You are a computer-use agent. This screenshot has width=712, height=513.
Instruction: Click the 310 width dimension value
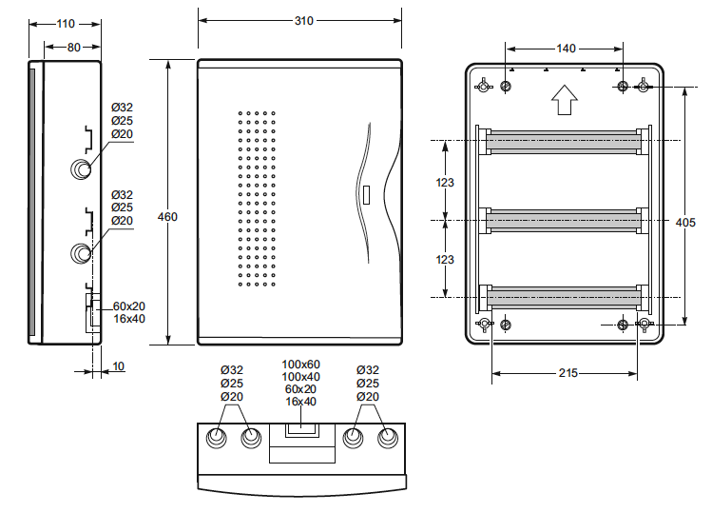pyautogui.click(x=304, y=21)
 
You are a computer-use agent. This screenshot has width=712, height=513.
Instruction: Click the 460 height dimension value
pyautogui.click(x=167, y=217)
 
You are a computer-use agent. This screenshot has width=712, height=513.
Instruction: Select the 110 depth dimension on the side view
pyautogui.click(x=66, y=24)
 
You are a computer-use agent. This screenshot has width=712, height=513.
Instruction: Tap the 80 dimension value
pyautogui.click(x=73, y=47)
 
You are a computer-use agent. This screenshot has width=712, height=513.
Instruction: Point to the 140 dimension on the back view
pyautogui.click(x=566, y=49)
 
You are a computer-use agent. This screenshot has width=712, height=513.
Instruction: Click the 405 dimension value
pyautogui.click(x=685, y=223)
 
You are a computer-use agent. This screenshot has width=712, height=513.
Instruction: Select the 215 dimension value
pyautogui.click(x=568, y=373)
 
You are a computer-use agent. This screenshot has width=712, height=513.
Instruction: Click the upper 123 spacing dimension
pyautogui.click(x=445, y=183)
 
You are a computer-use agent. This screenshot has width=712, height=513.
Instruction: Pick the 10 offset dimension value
pyautogui.click(x=118, y=366)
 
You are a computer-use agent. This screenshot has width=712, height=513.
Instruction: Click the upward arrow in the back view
pyautogui.click(x=565, y=100)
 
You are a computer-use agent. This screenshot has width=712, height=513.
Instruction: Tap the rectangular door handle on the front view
pyautogui.click(x=367, y=194)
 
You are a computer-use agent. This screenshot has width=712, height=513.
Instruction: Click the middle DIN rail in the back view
pyautogui.click(x=564, y=221)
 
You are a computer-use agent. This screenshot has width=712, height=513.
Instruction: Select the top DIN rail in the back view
pyautogui.click(x=564, y=142)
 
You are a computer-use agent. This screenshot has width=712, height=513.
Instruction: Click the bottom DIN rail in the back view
pyautogui.click(x=564, y=298)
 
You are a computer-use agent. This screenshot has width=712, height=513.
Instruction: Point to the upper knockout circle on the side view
pyautogui.click(x=81, y=169)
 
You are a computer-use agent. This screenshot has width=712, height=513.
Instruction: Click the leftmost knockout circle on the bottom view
pyautogui.click(x=217, y=438)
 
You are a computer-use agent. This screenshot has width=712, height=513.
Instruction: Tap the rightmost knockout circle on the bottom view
pyautogui.click(x=388, y=438)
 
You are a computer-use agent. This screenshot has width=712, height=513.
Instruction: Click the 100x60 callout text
pyautogui.click(x=300, y=365)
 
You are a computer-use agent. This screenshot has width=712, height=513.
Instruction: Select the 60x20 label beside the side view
pyautogui.click(x=129, y=306)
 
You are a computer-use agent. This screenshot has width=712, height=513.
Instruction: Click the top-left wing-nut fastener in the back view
pyautogui.click(x=483, y=85)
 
